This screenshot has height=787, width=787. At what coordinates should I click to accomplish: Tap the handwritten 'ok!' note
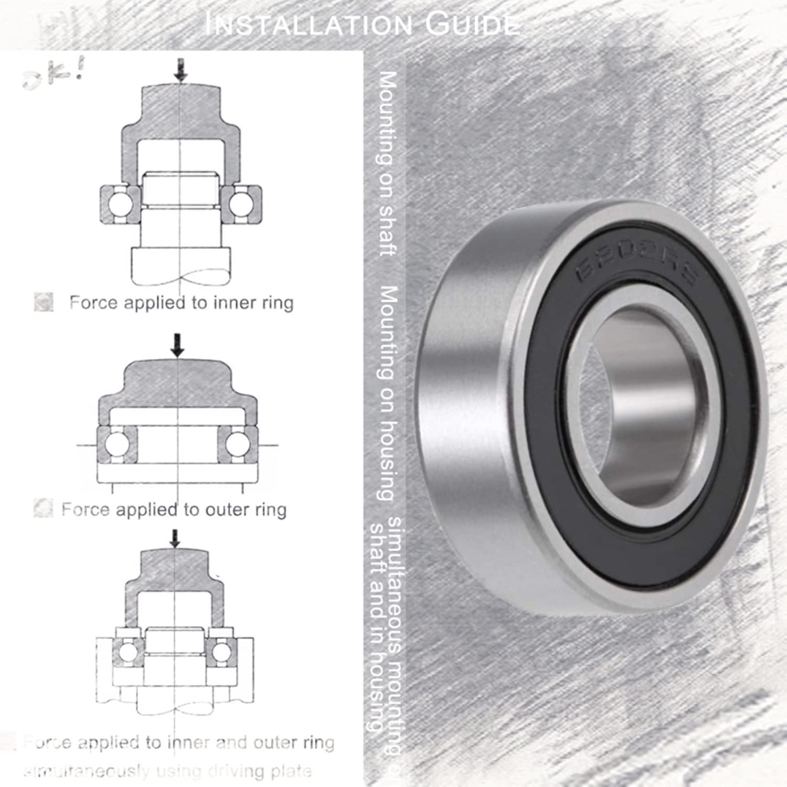pos(52,77)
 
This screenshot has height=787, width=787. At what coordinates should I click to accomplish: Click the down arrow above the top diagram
pos(181,70)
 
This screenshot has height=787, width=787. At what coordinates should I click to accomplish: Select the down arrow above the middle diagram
pos(178,345)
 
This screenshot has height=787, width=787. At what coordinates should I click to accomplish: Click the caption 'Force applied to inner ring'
pos(181,303)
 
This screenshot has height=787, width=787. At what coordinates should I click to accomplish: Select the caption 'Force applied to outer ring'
pos(174,509)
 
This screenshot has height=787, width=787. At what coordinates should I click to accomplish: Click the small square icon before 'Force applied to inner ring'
pos(44,302)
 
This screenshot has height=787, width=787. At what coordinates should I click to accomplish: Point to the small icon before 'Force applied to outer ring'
pos(43,508)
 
